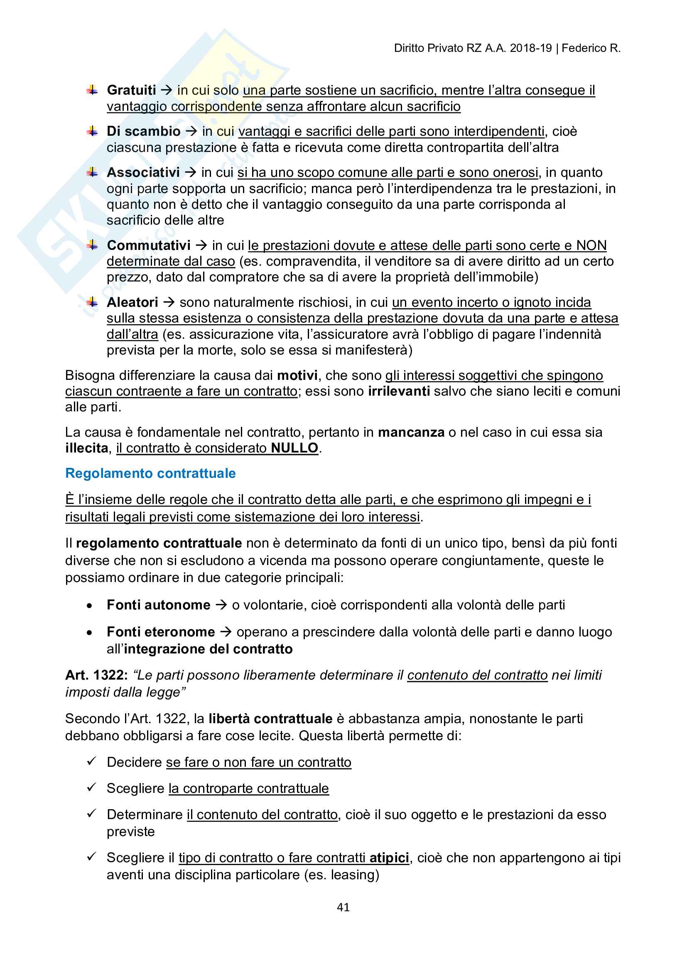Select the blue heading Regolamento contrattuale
[x=150, y=473]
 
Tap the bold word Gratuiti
[x=131, y=90]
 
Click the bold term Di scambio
[x=143, y=131]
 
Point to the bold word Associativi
[x=143, y=172]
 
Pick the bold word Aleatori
[x=132, y=302]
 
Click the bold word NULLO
[x=294, y=448]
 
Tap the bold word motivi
[x=297, y=376]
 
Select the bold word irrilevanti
[x=398, y=391]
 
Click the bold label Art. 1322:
[x=96, y=675]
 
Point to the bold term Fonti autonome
[x=159, y=605]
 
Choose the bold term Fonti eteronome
[x=161, y=632]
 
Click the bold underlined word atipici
[x=389, y=858]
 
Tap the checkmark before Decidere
[x=91, y=761]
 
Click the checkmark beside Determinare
[x=91, y=814]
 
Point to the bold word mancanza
[x=411, y=432]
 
